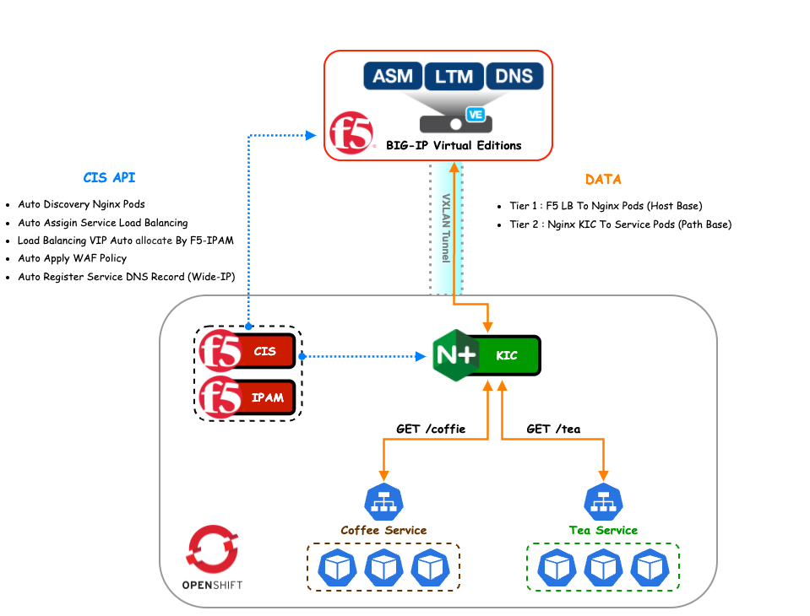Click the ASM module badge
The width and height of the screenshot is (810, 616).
click(393, 76)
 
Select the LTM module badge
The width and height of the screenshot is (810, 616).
click(454, 76)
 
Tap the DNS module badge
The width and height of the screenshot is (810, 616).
click(514, 76)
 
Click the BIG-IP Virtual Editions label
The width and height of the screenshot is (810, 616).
click(454, 145)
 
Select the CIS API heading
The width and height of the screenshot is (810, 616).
click(109, 178)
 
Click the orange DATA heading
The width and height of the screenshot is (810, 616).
click(603, 180)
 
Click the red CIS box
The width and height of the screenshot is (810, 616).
click(265, 351)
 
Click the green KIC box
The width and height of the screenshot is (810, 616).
click(507, 356)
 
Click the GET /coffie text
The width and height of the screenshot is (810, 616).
click(431, 429)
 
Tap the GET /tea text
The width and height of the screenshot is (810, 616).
click(553, 429)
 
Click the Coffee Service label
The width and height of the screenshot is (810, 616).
click(383, 530)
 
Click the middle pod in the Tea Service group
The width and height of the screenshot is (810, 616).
click(603, 568)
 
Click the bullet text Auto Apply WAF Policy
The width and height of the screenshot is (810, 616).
click(72, 258)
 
